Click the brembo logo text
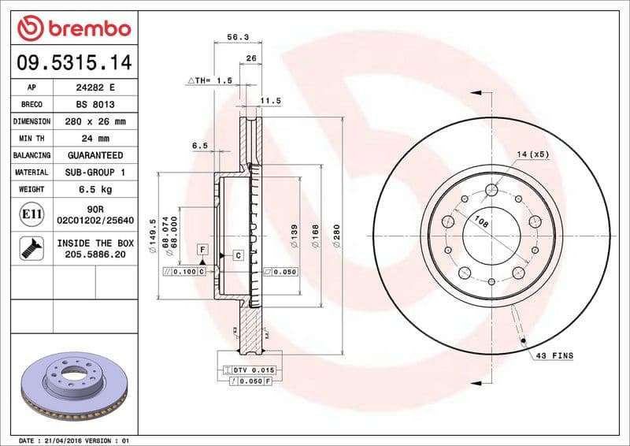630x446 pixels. (84, 29)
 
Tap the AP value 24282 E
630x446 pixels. (95, 87)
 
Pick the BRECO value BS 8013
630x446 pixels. (95, 105)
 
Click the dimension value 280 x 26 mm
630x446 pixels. (95, 122)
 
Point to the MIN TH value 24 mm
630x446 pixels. (95, 139)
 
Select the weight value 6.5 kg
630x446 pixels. (95, 189)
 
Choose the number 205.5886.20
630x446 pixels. (95, 255)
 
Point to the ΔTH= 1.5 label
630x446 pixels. (209, 80)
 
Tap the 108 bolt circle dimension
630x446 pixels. (480, 224)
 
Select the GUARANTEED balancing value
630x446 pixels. (95, 155)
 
